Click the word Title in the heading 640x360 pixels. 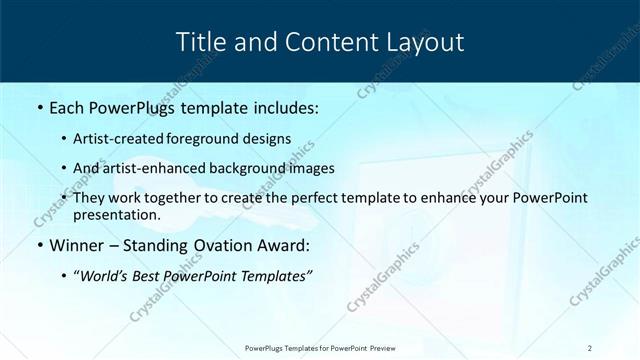point(203,42)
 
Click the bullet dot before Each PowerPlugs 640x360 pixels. point(38,106)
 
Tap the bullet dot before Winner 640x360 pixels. point(38,244)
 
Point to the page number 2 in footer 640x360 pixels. point(591,347)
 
